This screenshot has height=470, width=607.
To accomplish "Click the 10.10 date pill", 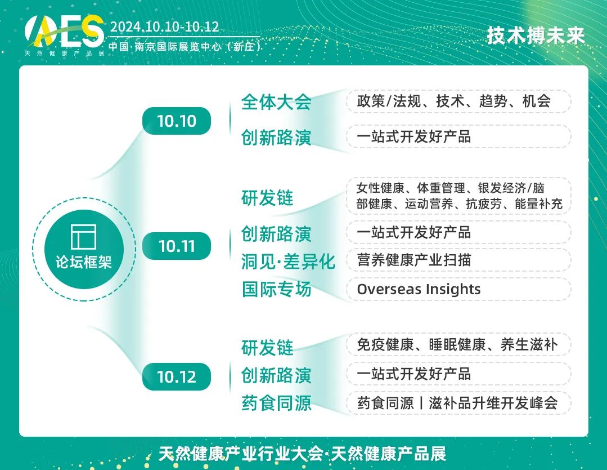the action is pos(177,121).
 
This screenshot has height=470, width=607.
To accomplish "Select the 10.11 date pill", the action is pos(177,246).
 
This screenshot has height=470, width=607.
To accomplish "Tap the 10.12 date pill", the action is pos(177,376).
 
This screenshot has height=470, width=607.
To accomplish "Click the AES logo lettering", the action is pos(64,31).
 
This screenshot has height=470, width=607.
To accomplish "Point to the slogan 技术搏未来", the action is pos(536,36).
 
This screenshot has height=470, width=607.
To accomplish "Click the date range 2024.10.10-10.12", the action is pos(165,26).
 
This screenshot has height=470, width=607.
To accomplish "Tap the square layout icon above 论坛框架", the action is pos(84,237).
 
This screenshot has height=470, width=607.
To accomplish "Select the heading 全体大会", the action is pos(276,102).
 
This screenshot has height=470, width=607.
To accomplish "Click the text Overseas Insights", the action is pos(419,289).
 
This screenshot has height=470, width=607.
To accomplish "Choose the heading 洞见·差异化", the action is pos(288,261).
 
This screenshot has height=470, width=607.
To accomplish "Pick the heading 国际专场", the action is pos(276,289).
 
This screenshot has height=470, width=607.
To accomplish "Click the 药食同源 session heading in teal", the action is pos(276,403).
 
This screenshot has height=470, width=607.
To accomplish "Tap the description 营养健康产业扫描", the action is pos(414,260).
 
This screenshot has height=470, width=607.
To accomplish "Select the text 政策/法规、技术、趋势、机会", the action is pos(453,101).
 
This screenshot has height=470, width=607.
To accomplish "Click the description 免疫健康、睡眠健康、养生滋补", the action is pos(457,344).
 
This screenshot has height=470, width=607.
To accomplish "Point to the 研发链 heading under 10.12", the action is pos(267,348).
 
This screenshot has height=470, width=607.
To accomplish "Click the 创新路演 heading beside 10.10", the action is pos(276,138).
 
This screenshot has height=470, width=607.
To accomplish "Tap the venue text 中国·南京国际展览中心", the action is pos(165,47).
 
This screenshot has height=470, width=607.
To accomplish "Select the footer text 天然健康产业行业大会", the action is pos(240,454).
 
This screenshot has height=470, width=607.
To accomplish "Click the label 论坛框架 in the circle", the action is pos(84,262).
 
